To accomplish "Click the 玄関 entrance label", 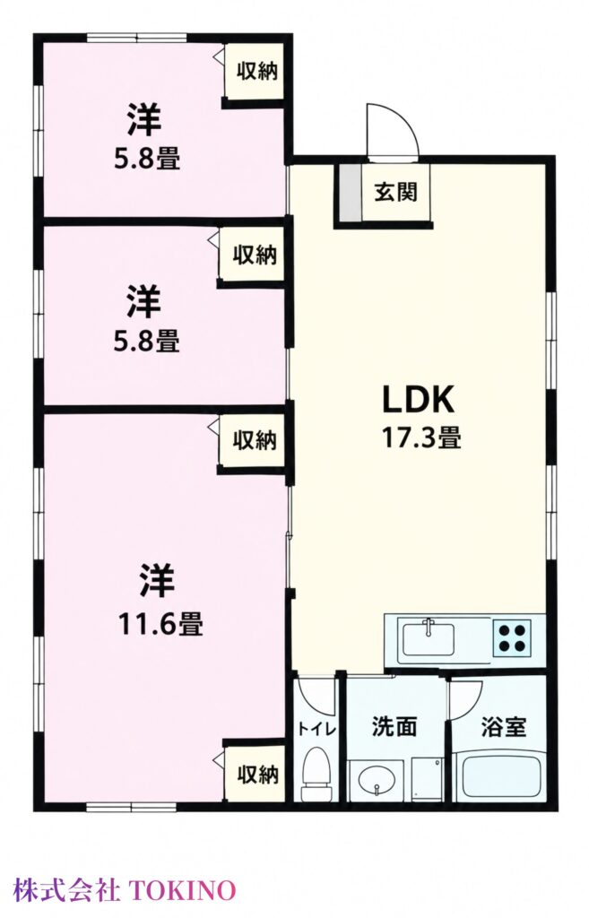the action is (395, 192).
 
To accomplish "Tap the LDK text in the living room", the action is (418, 399).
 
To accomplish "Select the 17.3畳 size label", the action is (421, 437).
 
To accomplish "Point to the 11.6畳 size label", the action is (161, 624).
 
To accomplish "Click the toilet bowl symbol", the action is (316, 774).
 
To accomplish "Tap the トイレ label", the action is (316, 730).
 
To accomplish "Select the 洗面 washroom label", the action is (394, 726).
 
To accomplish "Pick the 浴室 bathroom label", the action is (504, 726).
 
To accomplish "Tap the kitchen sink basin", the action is (428, 639).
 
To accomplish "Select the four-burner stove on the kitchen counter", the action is (512, 638).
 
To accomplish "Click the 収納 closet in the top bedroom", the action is (256, 71).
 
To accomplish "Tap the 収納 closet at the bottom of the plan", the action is (256, 774).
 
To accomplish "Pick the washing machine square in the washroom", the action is (427, 779).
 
